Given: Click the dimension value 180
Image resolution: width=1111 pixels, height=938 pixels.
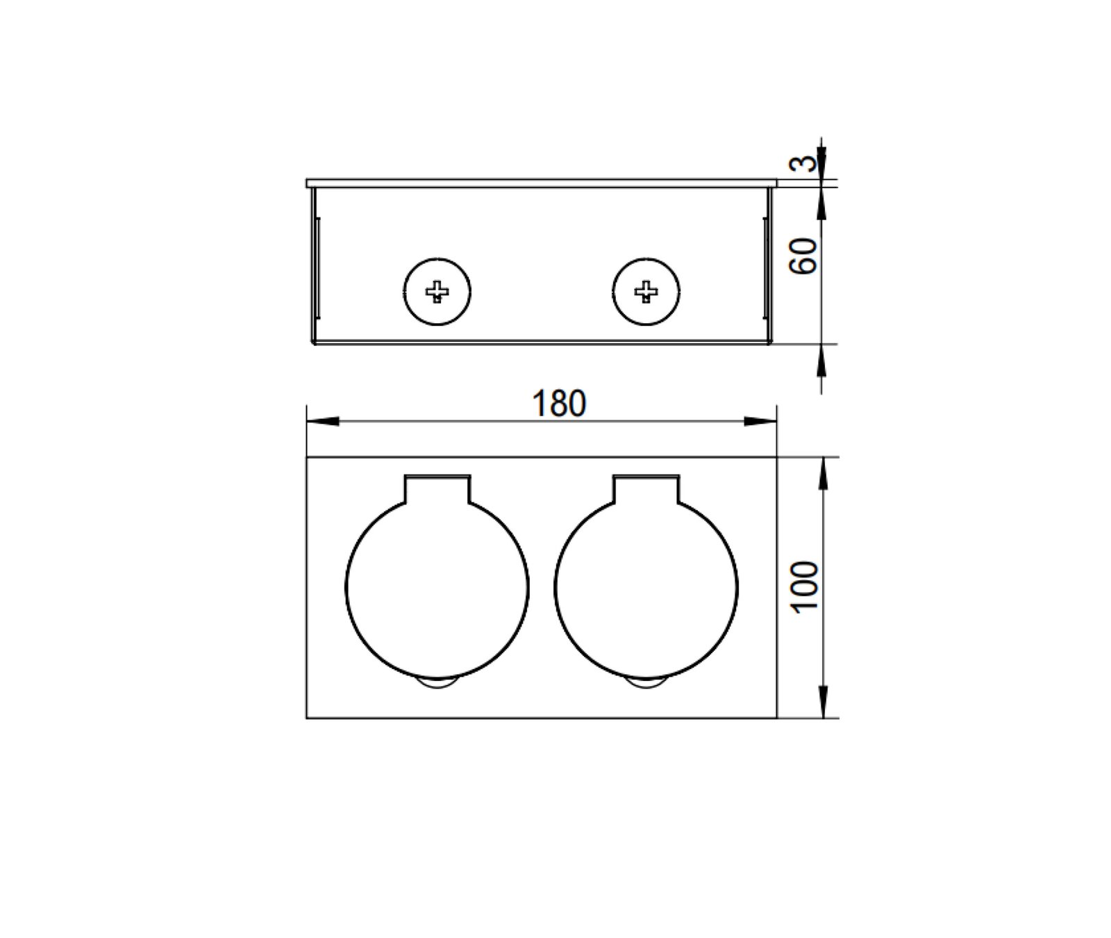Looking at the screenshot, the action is pyautogui.click(x=558, y=404).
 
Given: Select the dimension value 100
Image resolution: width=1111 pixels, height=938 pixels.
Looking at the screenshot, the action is pyautogui.click(x=805, y=586).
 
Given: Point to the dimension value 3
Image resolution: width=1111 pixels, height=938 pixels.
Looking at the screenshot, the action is pyautogui.click(x=802, y=164).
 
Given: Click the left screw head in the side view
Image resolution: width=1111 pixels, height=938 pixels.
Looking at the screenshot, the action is pyautogui.click(x=437, y=292).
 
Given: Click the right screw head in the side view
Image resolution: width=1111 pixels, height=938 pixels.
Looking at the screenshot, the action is pyautogui.click(x=646, y=292).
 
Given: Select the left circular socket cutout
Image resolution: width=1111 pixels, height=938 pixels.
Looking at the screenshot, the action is pyautogui.click(x=346, y=587).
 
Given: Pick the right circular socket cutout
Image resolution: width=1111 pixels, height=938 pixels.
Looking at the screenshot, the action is pyautogui.click(x=555, y=587).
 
